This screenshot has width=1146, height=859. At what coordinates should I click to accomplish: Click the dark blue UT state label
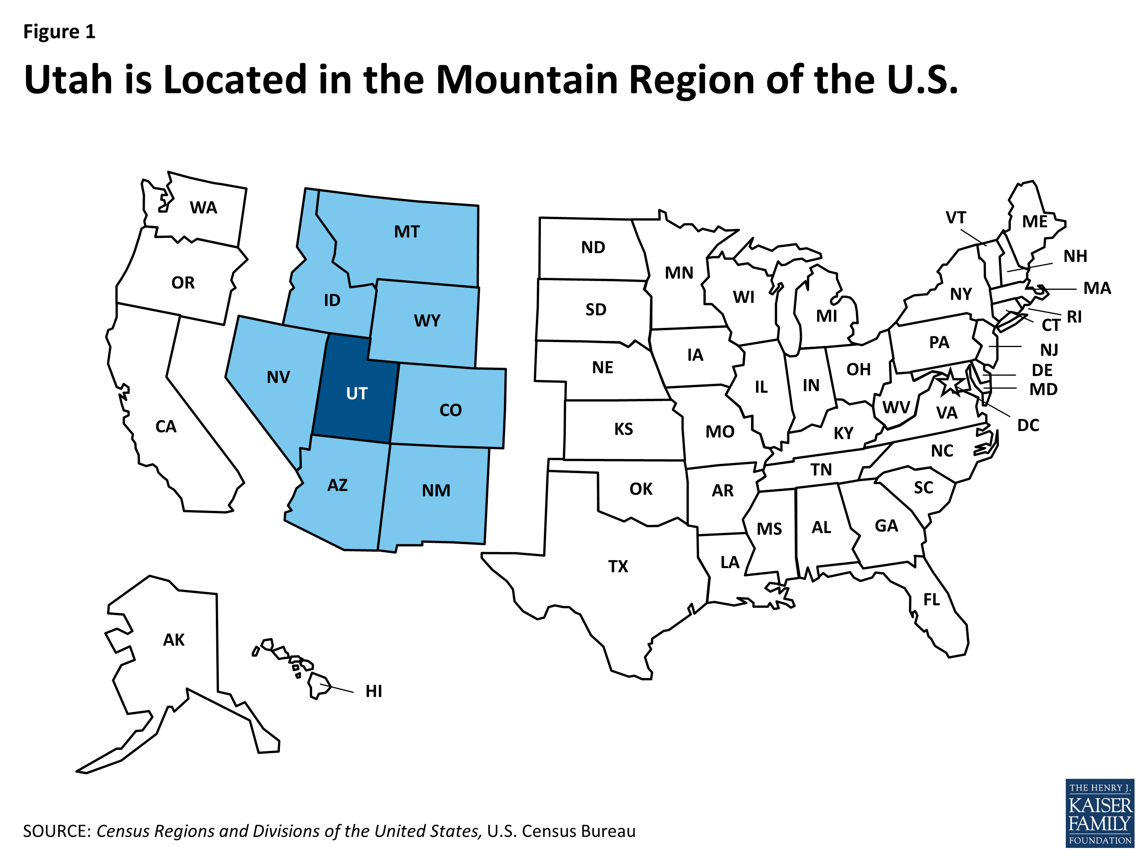pos(356,394)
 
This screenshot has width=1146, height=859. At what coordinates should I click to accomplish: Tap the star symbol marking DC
pos(950,383)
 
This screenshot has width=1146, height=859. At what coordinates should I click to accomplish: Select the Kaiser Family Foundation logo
pos(1099,813)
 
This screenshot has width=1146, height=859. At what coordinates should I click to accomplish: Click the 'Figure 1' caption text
pos(59,32)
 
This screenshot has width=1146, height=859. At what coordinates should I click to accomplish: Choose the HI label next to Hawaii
pos(374,691)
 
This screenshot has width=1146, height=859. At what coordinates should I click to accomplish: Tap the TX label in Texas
pos(618,567)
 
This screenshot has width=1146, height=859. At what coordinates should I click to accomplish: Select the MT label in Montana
pos(407,232)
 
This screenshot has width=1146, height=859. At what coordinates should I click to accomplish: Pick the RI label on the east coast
pos(1074,317)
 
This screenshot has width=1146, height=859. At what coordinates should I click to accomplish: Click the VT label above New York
pos(955,218)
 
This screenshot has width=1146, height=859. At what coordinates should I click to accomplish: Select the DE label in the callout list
pos(1042,370)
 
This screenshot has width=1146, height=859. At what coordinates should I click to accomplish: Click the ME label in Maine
pos(1034,221)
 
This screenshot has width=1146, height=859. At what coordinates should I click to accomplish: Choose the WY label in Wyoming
pos(427,321)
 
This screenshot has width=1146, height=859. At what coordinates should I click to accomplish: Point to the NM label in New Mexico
pos(436,490)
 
